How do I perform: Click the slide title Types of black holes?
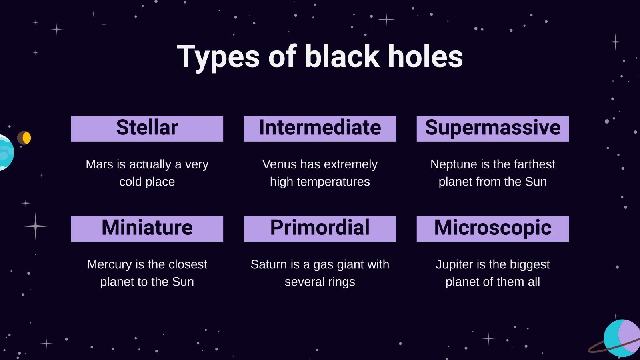[320, 56]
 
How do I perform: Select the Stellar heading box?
[147, 128]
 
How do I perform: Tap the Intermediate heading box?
[320, 128]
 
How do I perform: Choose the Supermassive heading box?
[492, 128]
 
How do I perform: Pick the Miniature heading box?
[147, 228]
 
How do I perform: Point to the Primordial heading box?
[320, 228]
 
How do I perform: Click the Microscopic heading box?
[492, 228]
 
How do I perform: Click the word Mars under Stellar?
[99, 164]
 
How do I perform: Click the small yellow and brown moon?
[24, 138]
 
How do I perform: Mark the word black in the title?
[342, 56]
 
